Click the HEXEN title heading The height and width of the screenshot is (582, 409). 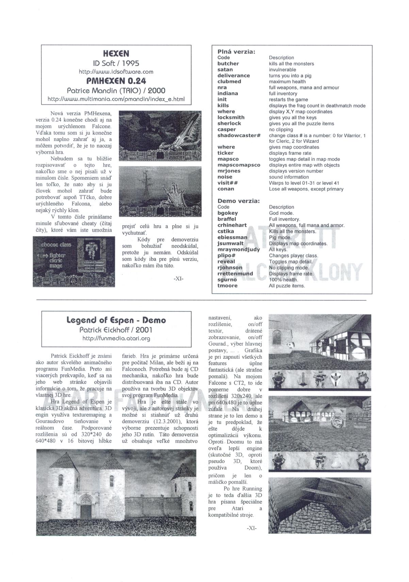[x=116, y=54]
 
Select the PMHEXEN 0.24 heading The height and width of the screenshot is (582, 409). [x=116, y=81]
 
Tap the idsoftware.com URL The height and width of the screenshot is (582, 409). [x=116, y=72]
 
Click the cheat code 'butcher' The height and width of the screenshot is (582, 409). [x=228, y=64]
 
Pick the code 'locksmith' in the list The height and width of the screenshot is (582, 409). [x=231, y=117]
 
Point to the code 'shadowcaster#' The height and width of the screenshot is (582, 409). [x=239, y=135]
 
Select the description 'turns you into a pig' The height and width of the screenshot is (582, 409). [x=290, y=75]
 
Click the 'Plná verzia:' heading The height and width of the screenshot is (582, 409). [x=236, y=52]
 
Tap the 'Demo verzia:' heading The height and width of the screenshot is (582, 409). [x=239, y=201]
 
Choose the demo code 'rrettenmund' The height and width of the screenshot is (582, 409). [x=235, y=274]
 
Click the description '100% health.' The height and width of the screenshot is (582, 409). [x=283, y=280]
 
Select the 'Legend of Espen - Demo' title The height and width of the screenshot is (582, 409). [x=116, y=320]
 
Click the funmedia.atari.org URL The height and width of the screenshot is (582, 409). [x=116, y=338]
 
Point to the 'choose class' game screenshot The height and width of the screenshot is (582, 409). [x=74, y=261]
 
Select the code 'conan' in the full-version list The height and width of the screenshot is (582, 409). [x=226, y=189]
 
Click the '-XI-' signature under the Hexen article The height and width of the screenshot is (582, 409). [x=178, y=278]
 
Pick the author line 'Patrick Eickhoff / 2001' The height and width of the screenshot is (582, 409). [x=116, y=329]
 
